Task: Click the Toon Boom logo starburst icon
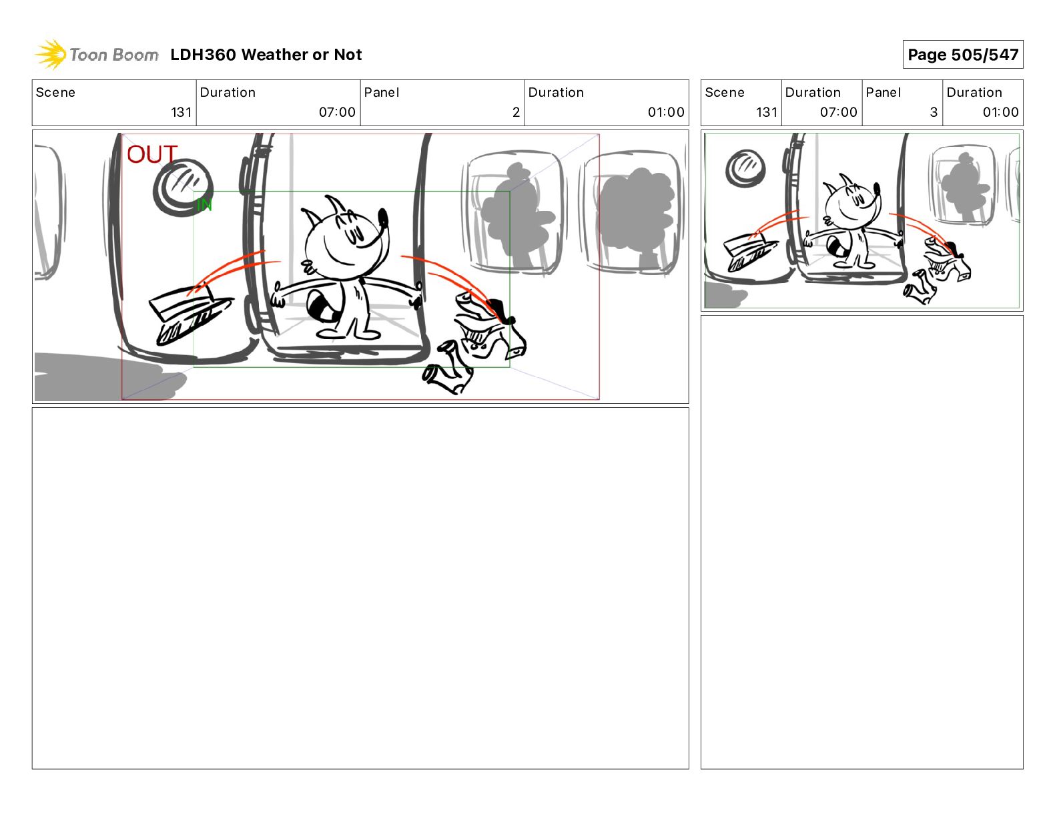click(x=51, y=54)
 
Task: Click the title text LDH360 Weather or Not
click(x=266, y=55)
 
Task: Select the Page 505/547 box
click(x=962, y=55)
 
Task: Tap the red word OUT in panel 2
click(x=151, y=155)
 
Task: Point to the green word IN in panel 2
click(x=204, y=205)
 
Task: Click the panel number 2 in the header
click(x=516, y=112)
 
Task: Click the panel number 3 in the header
click(x=934, y=112)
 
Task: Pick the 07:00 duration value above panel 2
click(x=337, y=112)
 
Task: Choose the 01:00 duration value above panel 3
click(x=1000, y=112)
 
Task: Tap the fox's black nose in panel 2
click(x=383, y=217)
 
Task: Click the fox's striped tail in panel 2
click(x=322, y=308)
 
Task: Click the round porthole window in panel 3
click(x=745, y=167)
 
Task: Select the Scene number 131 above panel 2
click(x=181, y=112)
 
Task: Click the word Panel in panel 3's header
click(x=883, y=93)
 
